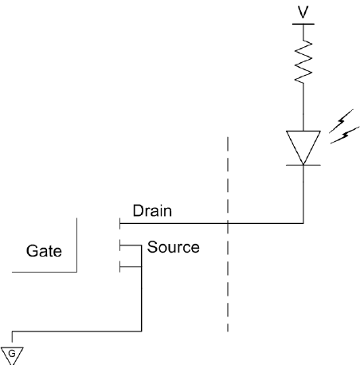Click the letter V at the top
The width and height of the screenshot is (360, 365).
303,12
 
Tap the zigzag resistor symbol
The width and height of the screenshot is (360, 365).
303,61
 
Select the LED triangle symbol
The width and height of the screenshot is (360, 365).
303,147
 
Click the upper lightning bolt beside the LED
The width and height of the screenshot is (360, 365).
341,121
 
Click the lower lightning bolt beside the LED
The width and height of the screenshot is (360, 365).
345,135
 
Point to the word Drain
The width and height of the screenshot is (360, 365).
152,211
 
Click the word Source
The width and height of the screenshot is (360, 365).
173,247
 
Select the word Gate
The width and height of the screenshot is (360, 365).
44,251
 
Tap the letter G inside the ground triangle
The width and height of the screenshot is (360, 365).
12,354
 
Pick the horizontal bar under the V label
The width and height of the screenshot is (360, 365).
303,24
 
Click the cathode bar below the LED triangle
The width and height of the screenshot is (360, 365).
303,165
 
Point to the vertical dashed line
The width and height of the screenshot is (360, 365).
228,234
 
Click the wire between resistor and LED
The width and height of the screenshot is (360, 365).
303,107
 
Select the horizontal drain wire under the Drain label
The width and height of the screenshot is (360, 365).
212,223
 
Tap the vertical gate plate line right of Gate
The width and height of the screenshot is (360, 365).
76,245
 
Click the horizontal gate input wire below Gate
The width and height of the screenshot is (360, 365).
45,272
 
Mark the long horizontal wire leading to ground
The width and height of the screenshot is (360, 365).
76,332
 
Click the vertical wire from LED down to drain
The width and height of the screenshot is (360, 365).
303,194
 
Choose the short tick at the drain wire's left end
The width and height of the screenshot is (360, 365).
119,223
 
